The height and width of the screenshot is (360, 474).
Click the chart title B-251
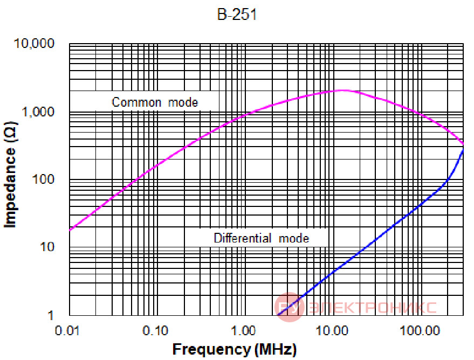click(x=237, y=14)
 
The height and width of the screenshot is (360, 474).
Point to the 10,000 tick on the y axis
click(x=34, y=43)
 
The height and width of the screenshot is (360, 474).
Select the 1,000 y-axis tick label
click(x=38, y=112)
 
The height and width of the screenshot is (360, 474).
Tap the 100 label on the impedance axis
click(x=43, y=179)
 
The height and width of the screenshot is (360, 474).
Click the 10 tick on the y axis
click(x=47, y=247)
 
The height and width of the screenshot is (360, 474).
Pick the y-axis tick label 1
click(x=51, y=315)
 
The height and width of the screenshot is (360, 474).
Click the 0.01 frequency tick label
click(x=67, y=331)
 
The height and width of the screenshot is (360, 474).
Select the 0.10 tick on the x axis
click(x=155, y=331)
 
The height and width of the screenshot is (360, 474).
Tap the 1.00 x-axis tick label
click(x=243, y=331)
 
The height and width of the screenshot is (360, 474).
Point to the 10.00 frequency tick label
click(x=332, y=331)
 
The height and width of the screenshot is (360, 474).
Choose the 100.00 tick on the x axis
click(x=420, y=331)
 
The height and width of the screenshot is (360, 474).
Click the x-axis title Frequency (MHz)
click(x=235, y=349)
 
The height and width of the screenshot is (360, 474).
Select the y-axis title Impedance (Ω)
click(x=11, y=175)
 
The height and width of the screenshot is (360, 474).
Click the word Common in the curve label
click(x=136, y=102)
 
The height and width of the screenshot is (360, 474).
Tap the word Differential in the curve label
click(x=243, y=238)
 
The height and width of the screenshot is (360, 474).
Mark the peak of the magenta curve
click(x=341, y=90)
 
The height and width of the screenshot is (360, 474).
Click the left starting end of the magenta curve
click(x=70, y=230)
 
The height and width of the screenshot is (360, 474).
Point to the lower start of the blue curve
click(x=278, y=315)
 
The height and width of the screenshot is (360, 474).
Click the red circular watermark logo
click(x=289, y=307)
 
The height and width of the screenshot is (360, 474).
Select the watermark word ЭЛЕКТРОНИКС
click(x=373, y=308)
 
